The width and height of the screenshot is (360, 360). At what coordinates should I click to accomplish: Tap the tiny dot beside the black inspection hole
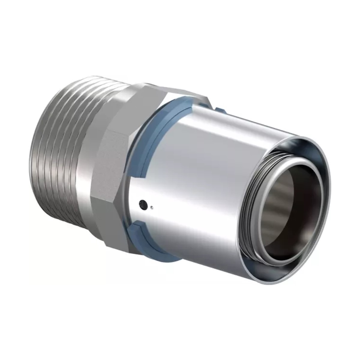(152, 207)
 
